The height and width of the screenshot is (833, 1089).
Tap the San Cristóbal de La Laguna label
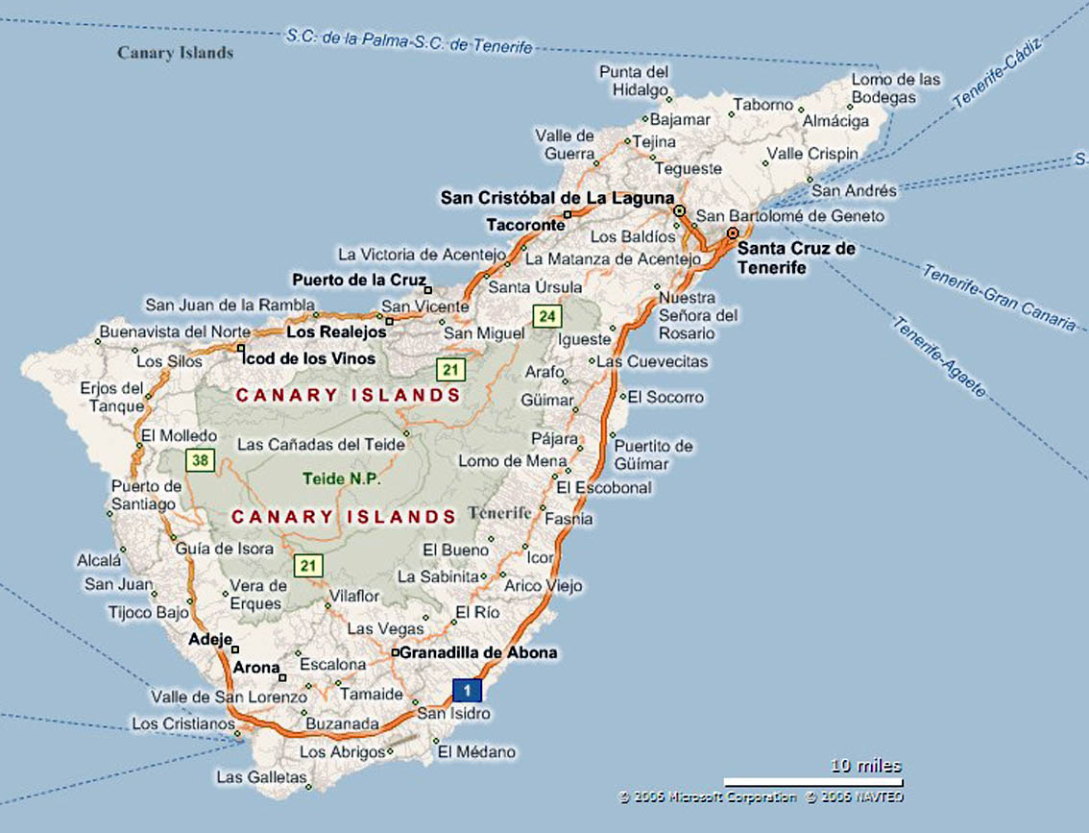[557, 198]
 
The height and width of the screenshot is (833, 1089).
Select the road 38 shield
[200, 461]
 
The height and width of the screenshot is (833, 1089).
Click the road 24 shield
[547, 316]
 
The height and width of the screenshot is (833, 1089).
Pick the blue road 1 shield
[467, 690]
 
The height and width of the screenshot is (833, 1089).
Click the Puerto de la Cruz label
[357, 281]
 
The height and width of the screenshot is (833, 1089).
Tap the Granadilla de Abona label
[477, 652]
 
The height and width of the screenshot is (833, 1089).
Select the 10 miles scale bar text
[866, 766]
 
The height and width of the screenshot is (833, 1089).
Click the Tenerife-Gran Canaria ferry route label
[999, 297]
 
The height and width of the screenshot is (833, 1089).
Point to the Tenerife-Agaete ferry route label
[938, 356]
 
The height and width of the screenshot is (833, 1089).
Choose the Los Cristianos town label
[182, 723]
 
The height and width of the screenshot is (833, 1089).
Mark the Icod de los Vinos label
[310, 358]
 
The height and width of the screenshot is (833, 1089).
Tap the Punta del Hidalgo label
[634, 81]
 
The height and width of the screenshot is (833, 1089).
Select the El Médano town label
[476, 752]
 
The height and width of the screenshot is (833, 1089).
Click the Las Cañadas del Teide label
[321, 445]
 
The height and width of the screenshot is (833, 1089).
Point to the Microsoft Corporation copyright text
[708, 796]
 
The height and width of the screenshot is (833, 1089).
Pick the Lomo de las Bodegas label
[897, 88]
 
